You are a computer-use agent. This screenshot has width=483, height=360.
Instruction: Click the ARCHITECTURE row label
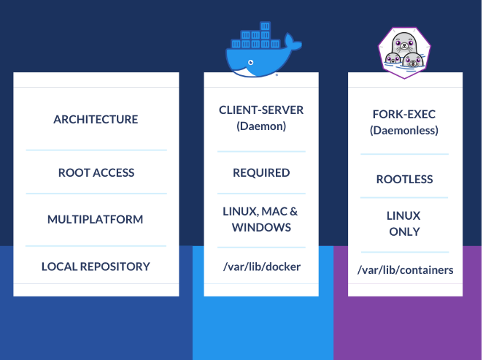coord(96,119)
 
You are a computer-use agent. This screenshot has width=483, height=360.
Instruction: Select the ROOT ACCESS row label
coord(96,173)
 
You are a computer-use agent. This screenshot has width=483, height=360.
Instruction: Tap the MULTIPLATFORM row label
coord(96,219)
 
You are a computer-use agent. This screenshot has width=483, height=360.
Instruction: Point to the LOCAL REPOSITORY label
coord(96,267)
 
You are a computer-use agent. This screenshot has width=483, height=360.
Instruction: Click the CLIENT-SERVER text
coord(261,110)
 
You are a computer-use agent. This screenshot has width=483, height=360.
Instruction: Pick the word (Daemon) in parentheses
coord(261,126)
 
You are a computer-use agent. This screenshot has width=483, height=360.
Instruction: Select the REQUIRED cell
coord(261,173)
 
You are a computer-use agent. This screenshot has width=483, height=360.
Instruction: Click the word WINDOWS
coord(261,227)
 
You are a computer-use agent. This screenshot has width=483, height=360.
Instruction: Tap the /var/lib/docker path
coord(261,267)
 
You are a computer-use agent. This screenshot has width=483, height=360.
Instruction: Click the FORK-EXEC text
coord(404,115)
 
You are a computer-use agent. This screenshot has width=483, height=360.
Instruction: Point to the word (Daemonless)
coord(404,131)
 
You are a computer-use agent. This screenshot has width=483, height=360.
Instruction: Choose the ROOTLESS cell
coord(404,179)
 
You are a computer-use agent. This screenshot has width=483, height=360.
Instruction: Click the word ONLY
coord(404,231)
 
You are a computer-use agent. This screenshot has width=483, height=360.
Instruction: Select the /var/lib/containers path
coord(406,270)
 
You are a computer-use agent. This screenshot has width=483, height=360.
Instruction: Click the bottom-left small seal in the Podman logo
coord(393,60)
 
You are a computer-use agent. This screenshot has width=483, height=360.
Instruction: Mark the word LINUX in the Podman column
coord(404,216)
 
